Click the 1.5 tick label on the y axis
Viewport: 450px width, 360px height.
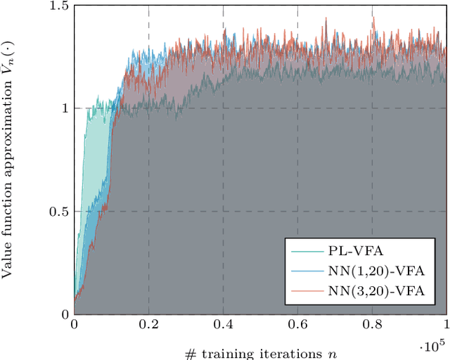click(59, 6)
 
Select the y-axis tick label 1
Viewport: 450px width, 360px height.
click(64, 108)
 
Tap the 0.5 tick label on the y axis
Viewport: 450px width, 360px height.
click(59, 212)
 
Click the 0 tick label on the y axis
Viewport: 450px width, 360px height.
click(64, 314)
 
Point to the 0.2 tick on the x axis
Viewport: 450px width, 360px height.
click(148, 326)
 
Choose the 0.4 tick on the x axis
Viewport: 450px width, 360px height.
click(223, 326)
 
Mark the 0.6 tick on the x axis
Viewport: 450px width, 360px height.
click(297, 326)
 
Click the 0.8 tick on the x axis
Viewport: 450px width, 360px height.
click(372, 326)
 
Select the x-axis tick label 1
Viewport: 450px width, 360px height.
click(446, 326)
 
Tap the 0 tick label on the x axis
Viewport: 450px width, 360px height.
click(74, 326)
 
